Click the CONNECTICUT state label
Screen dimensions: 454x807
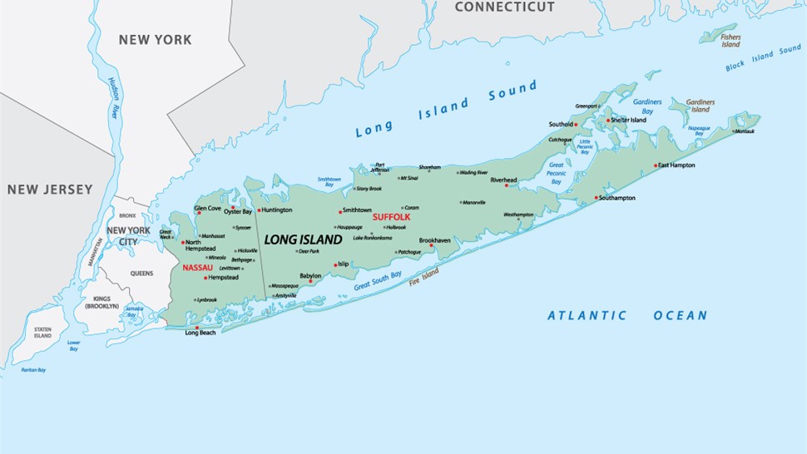(x=504, y=7)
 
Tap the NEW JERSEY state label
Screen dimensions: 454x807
(x=50, y=190)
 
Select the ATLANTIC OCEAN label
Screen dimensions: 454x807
(x=627, y=315)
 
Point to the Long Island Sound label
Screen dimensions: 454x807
(x=445, y=109)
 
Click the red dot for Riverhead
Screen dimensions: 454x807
(x=507, y=185)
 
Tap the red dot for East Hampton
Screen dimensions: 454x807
(x=656, y=165)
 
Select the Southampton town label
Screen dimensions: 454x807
(x=617, y=198)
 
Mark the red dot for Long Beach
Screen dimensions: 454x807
(x=197, y=328)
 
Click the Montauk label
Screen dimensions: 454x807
(x=744, y=131)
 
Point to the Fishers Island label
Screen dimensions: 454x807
(x=730, y=40)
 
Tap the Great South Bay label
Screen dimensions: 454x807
(x=377, y=280)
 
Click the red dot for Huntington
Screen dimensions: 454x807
(x=260, y=210)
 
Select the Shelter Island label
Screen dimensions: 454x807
(x=628, y=120)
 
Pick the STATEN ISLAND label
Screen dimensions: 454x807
(x=42, y=333)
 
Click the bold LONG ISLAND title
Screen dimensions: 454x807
(x=303, y=239)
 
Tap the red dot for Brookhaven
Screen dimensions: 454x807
(x=431, y=245)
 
